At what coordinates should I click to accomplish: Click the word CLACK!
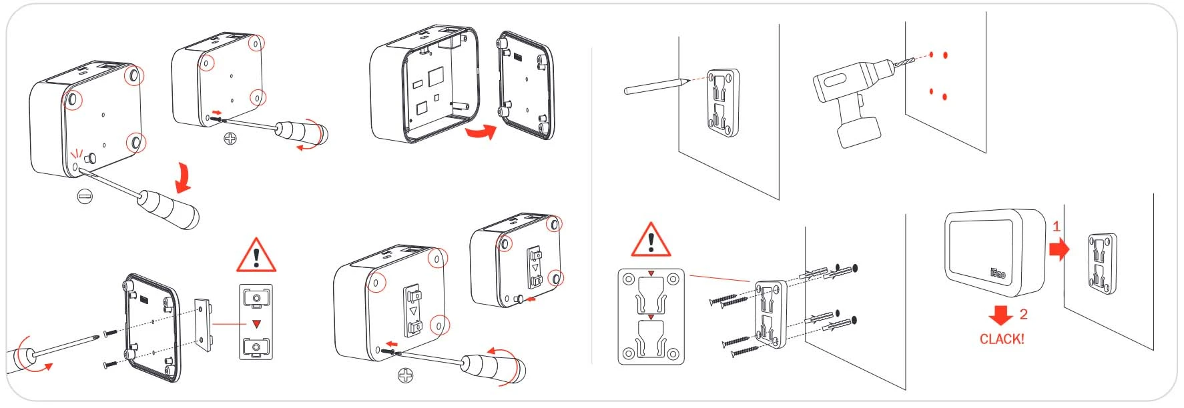[1001, 339]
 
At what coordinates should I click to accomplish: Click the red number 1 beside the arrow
[1056, 227]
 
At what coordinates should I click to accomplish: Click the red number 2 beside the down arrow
[1023, 314]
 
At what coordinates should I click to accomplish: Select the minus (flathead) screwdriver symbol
[85, 196]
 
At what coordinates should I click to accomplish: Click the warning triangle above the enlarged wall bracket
[651, 241]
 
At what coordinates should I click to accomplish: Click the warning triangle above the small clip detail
[256, 255]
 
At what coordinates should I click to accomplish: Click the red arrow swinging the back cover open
[482, 132]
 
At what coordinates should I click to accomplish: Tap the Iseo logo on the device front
[997, 273]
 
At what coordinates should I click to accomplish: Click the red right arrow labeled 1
[1059, 249]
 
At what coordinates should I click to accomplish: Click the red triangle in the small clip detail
[256, 324]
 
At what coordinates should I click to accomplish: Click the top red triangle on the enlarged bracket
[651, 274]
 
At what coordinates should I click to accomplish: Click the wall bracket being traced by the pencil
[722, 102]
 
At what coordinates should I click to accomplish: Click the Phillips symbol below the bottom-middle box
[405, 376]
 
